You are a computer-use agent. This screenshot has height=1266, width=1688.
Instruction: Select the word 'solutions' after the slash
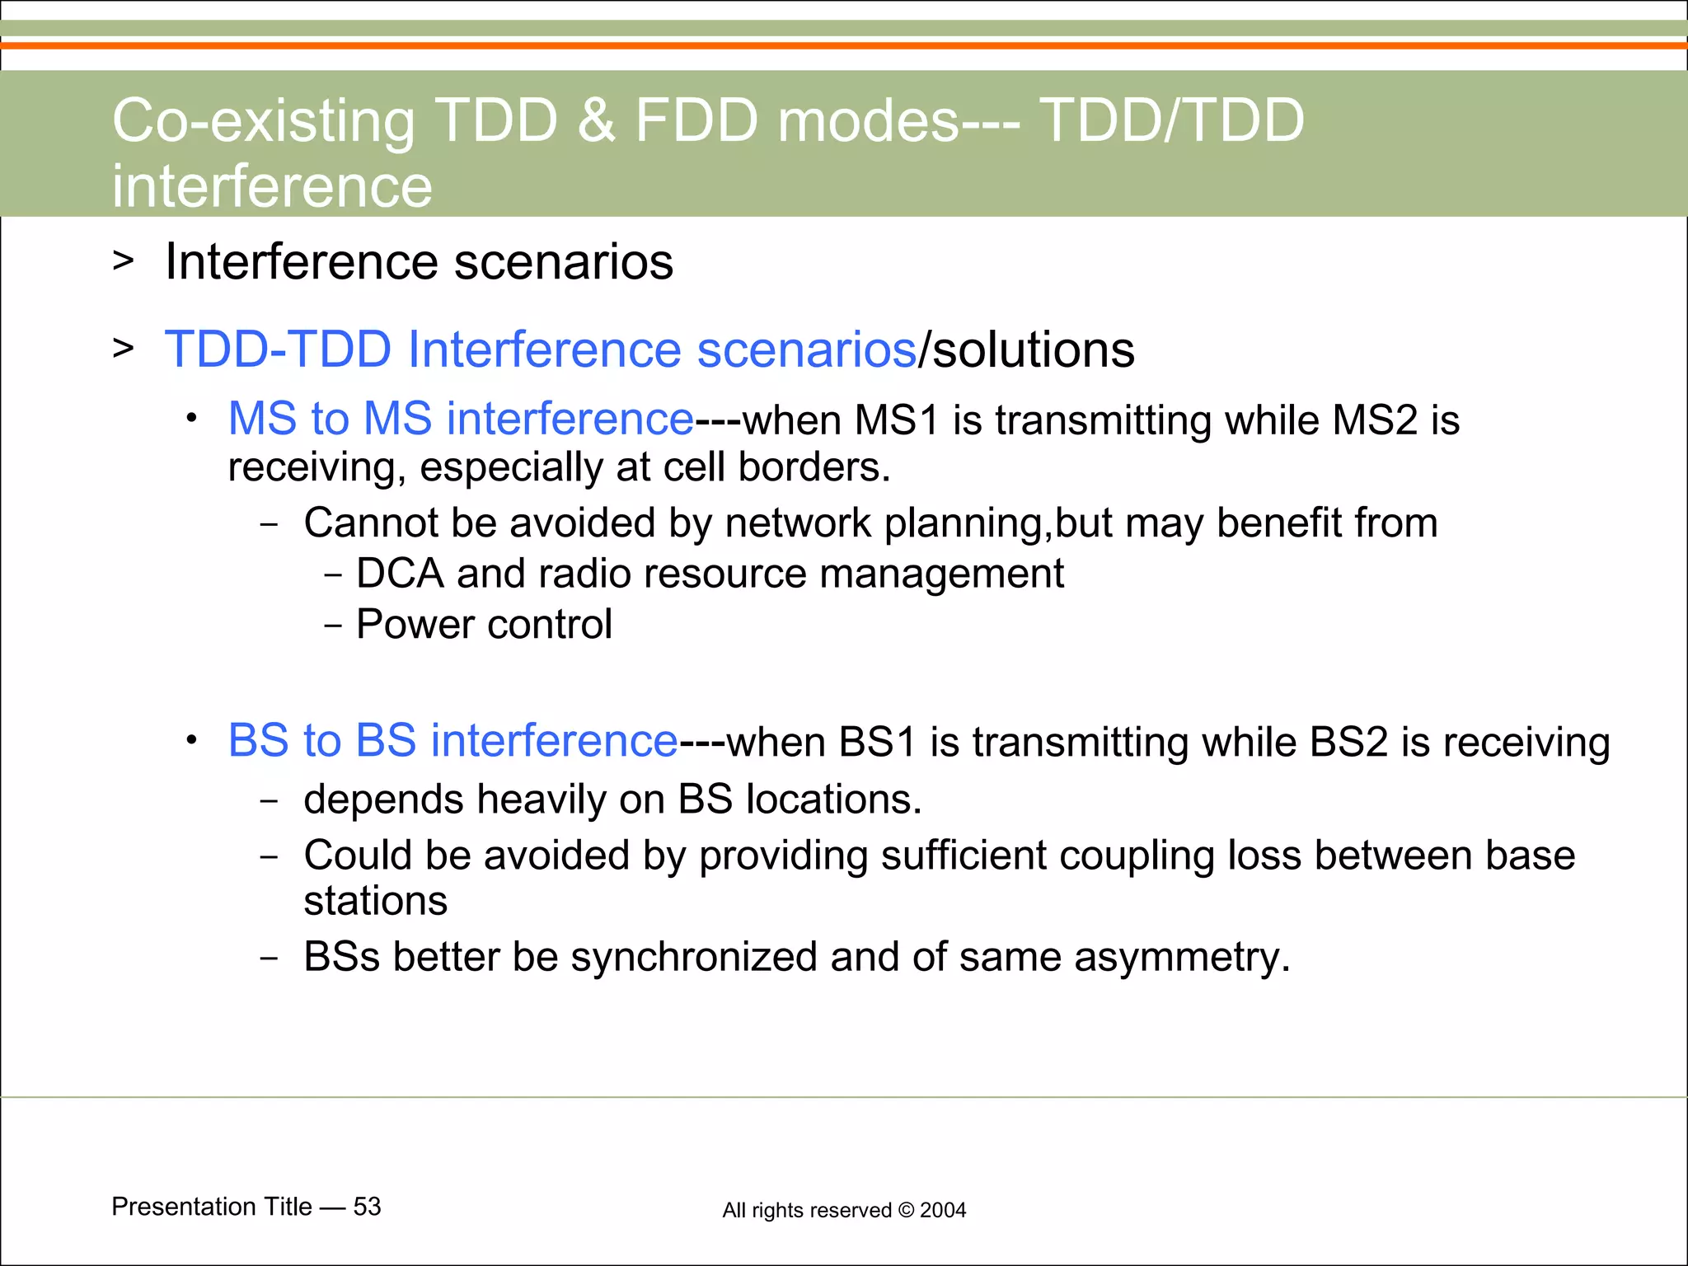(1034, 349)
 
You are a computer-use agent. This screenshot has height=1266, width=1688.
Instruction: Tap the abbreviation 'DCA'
(400, 574)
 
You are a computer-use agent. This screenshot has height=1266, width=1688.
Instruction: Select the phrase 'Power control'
(484, 625)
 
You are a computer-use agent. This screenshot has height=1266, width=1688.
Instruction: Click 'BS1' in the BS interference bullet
(877, 742)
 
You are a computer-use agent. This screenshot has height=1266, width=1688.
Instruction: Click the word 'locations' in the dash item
(832, 799)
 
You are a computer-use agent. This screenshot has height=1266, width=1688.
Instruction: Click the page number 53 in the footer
(367, 1207)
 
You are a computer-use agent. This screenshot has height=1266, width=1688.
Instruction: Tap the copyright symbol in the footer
(905, 1210)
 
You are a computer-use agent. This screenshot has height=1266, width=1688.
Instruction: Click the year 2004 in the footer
(943, 1210)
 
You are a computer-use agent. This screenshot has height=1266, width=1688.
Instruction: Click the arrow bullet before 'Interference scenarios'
(123, 261)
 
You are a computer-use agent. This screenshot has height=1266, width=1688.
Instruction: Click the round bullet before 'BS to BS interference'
(191, 740)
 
